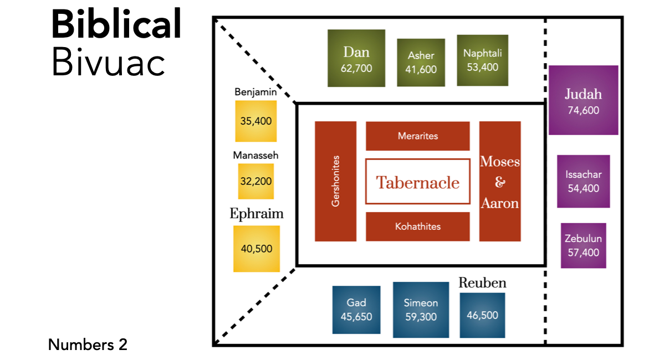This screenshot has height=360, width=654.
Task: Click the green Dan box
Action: point(356,58)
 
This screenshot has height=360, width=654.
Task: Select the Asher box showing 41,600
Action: point(421,63)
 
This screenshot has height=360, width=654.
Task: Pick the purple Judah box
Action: point(583,100)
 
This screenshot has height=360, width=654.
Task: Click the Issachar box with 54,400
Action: point(583,181)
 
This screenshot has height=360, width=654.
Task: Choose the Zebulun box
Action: point(583,245)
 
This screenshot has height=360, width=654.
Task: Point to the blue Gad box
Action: point(356,310)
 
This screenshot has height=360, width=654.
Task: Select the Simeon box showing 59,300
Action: point(420,310)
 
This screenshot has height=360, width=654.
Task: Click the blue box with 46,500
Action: point(482,315)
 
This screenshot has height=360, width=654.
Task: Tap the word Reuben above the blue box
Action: point(482,283)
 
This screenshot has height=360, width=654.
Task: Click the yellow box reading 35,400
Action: point(256,121)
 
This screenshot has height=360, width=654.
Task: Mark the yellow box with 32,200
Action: point(256,181)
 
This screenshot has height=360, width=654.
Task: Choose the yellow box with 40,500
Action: point(257,249)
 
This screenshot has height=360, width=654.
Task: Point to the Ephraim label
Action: point(257,214)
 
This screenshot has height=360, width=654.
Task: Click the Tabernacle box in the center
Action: point(418,182)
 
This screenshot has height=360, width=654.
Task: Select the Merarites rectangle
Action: point(418,136)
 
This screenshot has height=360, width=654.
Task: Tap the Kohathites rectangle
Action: point(418,227)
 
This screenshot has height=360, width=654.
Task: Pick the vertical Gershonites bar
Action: point(335,181)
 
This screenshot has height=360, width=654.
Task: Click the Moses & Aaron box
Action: point(500,181)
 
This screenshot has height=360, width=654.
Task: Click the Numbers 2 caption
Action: point(88,344)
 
